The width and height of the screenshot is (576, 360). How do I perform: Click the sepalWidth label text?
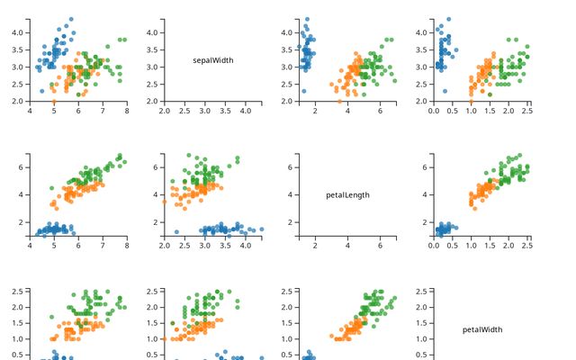tap(213, 60)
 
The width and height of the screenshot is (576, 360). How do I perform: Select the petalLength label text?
tap(347, 194)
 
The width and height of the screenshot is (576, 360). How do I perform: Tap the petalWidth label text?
tap(482, 329)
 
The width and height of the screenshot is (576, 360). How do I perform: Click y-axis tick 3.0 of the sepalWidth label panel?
tap(154, 67)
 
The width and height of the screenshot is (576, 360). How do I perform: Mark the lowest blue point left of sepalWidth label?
tap(42, 91)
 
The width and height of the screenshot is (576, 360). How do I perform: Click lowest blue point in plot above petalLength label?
tap(303, 91)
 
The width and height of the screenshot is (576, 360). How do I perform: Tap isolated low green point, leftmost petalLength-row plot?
tap(53, 187)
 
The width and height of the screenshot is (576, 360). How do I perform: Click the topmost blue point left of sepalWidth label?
tap(71, 19)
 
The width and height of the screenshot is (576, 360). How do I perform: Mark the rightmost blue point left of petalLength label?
tap(261, 229)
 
